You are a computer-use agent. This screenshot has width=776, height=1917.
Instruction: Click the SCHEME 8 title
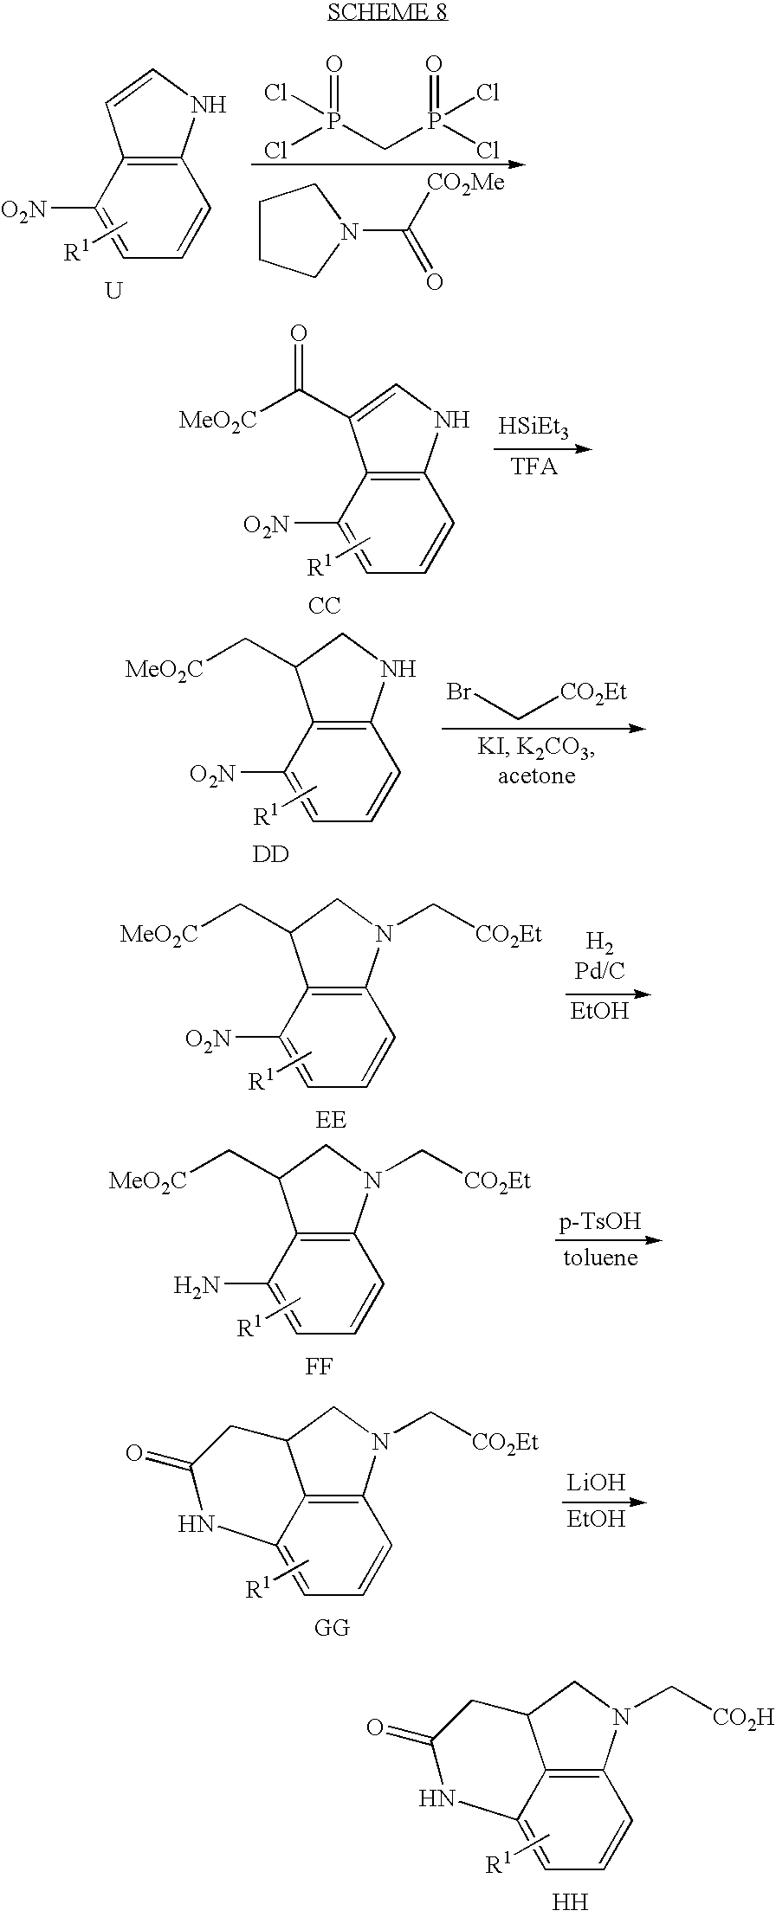click(x=387, y=12)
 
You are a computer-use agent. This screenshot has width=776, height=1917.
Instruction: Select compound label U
click(x=113, y=291)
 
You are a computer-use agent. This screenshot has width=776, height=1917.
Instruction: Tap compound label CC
click(x=324, y=606)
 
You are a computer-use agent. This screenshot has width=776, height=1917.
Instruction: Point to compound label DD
click(x=270, y=854)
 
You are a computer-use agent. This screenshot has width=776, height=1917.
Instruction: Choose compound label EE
click(x=331, y=1119)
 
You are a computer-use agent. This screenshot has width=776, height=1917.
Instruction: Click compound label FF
click(x=319, y=1367)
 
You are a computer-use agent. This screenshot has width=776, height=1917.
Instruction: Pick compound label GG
click(x=332, y=1628)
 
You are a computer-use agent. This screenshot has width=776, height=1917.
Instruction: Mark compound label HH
click(x=570, y=1901)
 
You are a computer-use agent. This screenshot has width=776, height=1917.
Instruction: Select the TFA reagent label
click(x=533, y=467)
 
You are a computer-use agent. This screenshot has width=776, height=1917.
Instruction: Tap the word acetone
click(x=536, y=775)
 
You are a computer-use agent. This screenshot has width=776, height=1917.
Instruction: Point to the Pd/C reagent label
click(x=599, y=971)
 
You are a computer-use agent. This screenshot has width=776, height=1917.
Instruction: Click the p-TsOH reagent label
click(x=599, y=1221)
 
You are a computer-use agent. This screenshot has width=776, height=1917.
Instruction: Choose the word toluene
click(x=600, y=1258)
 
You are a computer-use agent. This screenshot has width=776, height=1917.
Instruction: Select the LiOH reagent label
click(x=596, y=1483)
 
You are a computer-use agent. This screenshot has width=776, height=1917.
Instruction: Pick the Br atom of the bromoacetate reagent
click(x=459, y=692)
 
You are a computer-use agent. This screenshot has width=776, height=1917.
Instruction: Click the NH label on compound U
click(x=208, y=106)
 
